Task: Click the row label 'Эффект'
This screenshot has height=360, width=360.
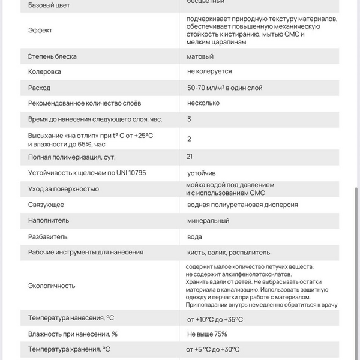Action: pos(40,30)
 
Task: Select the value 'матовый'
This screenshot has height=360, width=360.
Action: pos(200,56)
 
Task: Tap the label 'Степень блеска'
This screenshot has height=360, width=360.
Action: pos(52,56)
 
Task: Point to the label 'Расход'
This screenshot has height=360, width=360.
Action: pos(40,88)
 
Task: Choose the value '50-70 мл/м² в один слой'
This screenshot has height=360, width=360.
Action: pos(224,88)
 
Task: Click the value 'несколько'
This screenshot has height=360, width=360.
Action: pos(203,103)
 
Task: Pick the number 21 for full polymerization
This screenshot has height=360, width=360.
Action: pos(190,157)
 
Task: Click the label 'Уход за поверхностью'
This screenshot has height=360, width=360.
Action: pos(64,189)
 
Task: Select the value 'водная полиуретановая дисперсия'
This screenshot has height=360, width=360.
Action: pos(242,205)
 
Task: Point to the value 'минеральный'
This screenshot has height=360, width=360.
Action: pos(208,221)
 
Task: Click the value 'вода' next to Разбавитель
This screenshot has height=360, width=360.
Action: pos(195,237)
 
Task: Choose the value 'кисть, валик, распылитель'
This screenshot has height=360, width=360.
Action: pos(229,253)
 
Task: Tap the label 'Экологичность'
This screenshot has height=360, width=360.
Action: pos(52,286)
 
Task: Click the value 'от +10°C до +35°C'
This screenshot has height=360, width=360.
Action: pos(215,319)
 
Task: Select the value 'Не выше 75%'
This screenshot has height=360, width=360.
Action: pos(207,334)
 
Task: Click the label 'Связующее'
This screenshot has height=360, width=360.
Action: pos(46,205)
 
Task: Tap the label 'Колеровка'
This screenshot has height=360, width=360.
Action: pos(45,71)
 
